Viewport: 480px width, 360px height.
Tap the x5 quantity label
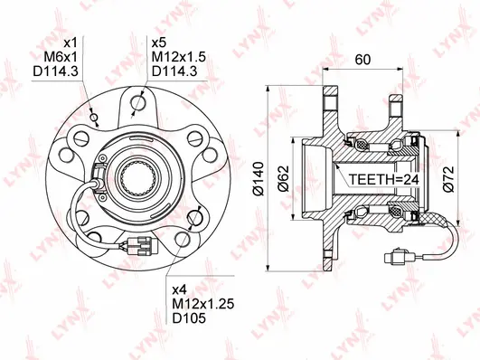pos(161,42)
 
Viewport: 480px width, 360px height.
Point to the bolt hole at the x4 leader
pos(181,238)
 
